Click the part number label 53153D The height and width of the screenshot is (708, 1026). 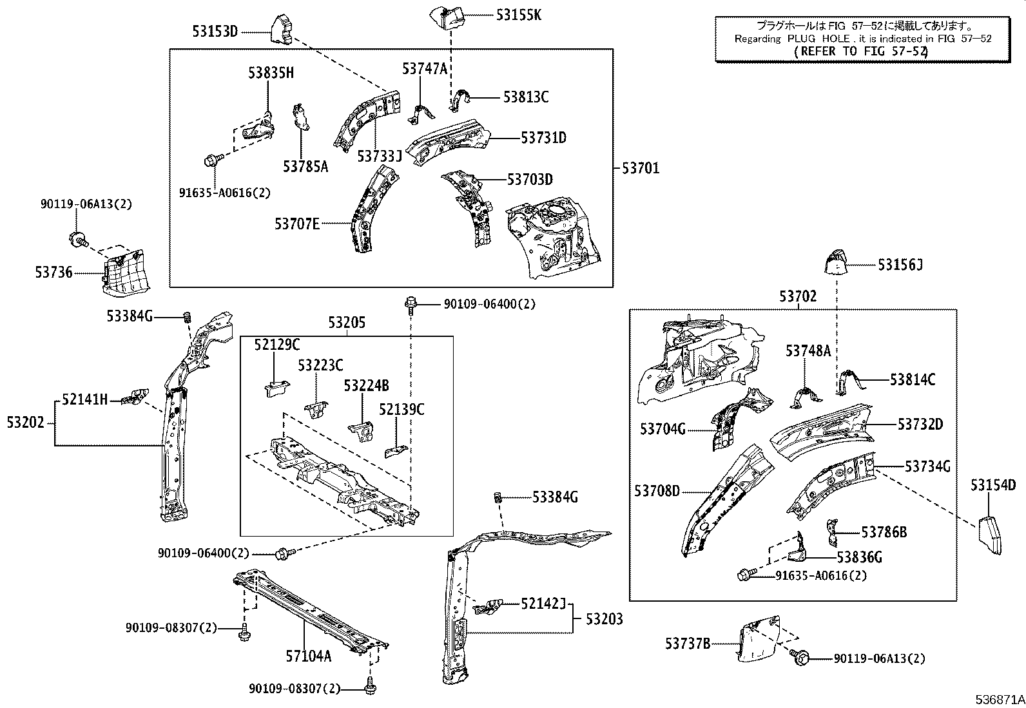[215, 30]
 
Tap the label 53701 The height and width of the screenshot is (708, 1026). [641, 168]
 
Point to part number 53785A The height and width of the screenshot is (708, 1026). [305, 167]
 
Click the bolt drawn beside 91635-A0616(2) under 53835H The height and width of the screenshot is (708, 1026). [212, 158]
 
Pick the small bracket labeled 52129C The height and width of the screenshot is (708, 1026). [275, 388]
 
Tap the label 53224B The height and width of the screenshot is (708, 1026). [366, 385]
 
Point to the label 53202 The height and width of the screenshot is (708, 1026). [26, 423]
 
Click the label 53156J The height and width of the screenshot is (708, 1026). [900, 264]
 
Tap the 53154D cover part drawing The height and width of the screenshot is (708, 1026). [989, 533]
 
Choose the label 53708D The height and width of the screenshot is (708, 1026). [657, 491]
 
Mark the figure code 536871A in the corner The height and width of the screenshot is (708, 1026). [999, 699]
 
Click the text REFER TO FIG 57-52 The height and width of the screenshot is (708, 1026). [860, 51]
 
